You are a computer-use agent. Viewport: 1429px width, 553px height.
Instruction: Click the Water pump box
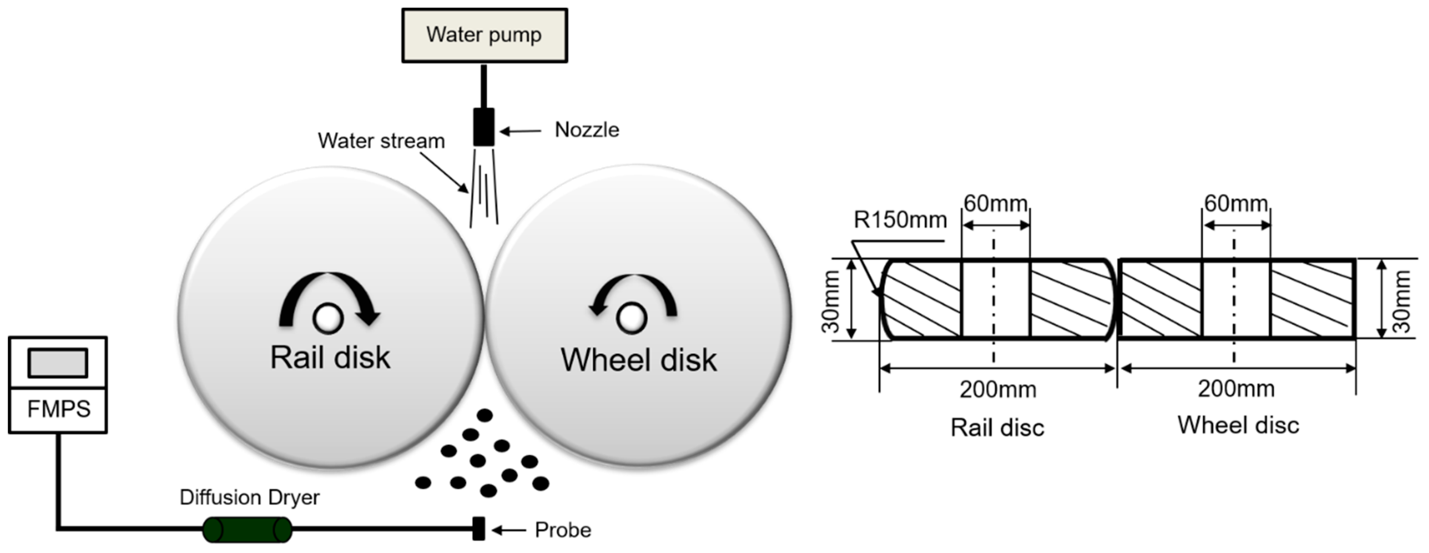[x=484, y=35]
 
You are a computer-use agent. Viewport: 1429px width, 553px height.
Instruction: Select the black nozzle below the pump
[x=484, y=127]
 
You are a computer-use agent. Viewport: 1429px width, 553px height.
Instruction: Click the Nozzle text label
[x=587, y=130]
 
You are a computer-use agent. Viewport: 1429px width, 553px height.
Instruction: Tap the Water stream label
[x=381, y=141]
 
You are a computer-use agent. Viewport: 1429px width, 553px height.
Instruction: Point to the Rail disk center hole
[x=328, y=318]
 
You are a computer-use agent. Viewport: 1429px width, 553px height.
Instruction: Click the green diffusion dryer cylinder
[x=247, y=529]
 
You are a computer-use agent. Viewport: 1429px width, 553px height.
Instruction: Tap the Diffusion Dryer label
[x=249, y=497]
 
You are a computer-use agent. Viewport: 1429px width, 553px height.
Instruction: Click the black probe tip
[x=478, y=528]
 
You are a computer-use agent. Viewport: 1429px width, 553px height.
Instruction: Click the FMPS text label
[x=59, y=410]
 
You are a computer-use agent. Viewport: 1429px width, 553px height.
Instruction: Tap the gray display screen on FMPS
[x=58, y=363]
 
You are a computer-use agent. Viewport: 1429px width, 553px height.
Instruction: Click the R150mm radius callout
[x=900, y=220]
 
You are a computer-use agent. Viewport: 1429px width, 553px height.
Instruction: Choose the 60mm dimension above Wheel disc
[x=1235, y=204]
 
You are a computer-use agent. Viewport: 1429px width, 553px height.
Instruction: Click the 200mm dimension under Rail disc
[x=998, y=389]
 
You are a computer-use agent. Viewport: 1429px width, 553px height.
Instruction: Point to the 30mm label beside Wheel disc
[x=1401, y=301]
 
